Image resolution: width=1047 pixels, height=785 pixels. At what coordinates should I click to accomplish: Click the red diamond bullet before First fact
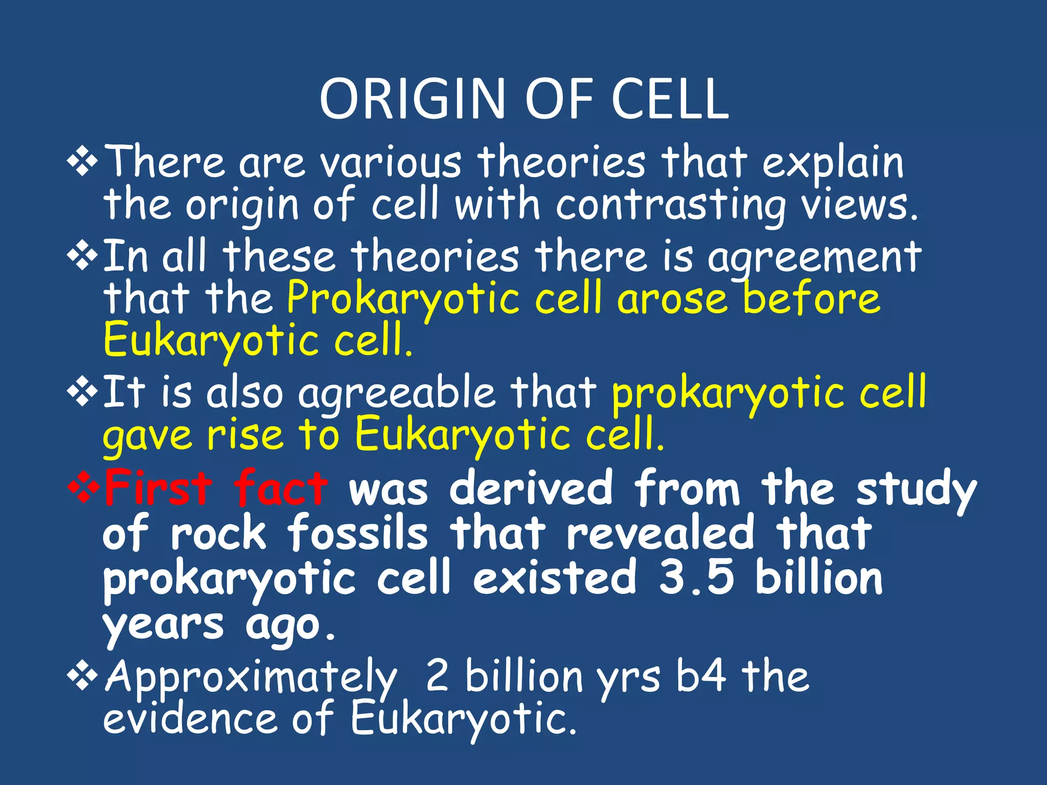pyautogui.click(x=83, y=488)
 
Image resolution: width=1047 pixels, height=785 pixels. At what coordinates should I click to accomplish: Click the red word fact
pyautogui.click(x=280, y=488)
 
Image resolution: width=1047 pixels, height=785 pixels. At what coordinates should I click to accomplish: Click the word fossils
pyautogui.click(x=357, y=533)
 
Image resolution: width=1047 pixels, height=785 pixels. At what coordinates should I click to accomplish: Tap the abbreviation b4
pyautogui.click(x=700, y=676)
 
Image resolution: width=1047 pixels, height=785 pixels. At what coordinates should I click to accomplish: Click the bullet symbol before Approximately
pyautogui.click(x=83, y=677)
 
